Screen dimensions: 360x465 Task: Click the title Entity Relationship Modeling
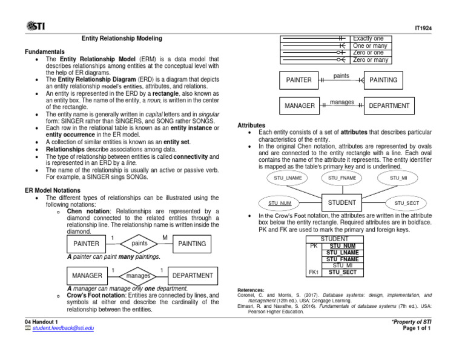[x=122, y=39]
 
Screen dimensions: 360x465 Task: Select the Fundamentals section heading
[x=45, y=52]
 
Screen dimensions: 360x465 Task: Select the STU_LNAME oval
[x=288, y=178]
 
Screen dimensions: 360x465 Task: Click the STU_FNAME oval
[x=342, y=178]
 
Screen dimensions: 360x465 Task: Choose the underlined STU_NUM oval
[x=280, y=203]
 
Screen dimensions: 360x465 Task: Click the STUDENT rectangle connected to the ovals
[x=342, y=202]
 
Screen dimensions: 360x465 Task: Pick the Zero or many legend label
[x=371, y=60]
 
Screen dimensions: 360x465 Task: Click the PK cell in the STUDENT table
[x=314, y=246]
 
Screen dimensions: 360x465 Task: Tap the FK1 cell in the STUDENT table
[x=314, y=273]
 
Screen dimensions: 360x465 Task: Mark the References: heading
[x=250, y=290]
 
